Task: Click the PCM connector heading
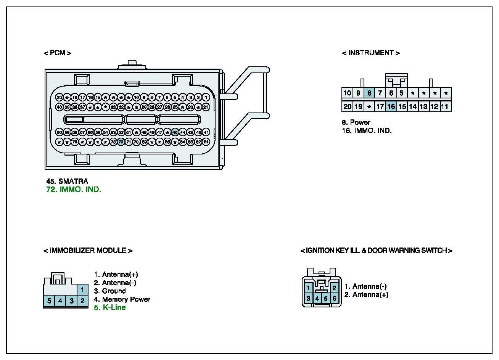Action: click(x=57, y=53)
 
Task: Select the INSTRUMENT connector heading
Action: click(x=370, y=53)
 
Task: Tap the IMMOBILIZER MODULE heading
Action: click(x=88, y=251)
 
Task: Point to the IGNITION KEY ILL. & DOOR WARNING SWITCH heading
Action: click(x=376, y=251)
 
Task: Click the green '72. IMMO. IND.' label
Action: click(x=74, y=190)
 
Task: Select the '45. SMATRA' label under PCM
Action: click(x=67, y=181)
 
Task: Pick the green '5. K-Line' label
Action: click(x=110, y=307)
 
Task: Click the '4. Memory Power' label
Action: click(x=122, y=299)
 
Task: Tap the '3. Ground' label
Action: click(x=110, y=291)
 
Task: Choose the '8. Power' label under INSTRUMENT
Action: click(x=356, y=122)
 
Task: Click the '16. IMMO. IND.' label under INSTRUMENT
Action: click(x=367, y=130)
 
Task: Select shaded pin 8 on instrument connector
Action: click(x=369, y=93)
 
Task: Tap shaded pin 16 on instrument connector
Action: click(x=391, y=106)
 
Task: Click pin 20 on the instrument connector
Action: click(x=347, y=106)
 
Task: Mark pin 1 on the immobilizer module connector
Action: click(x=82, y=290)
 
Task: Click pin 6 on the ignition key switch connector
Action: click(x=335, y=299)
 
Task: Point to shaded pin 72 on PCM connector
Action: click(x=121, y=142)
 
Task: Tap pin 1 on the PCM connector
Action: click(x=206, y=97)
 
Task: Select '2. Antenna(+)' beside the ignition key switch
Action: click(x=366, y=294)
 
